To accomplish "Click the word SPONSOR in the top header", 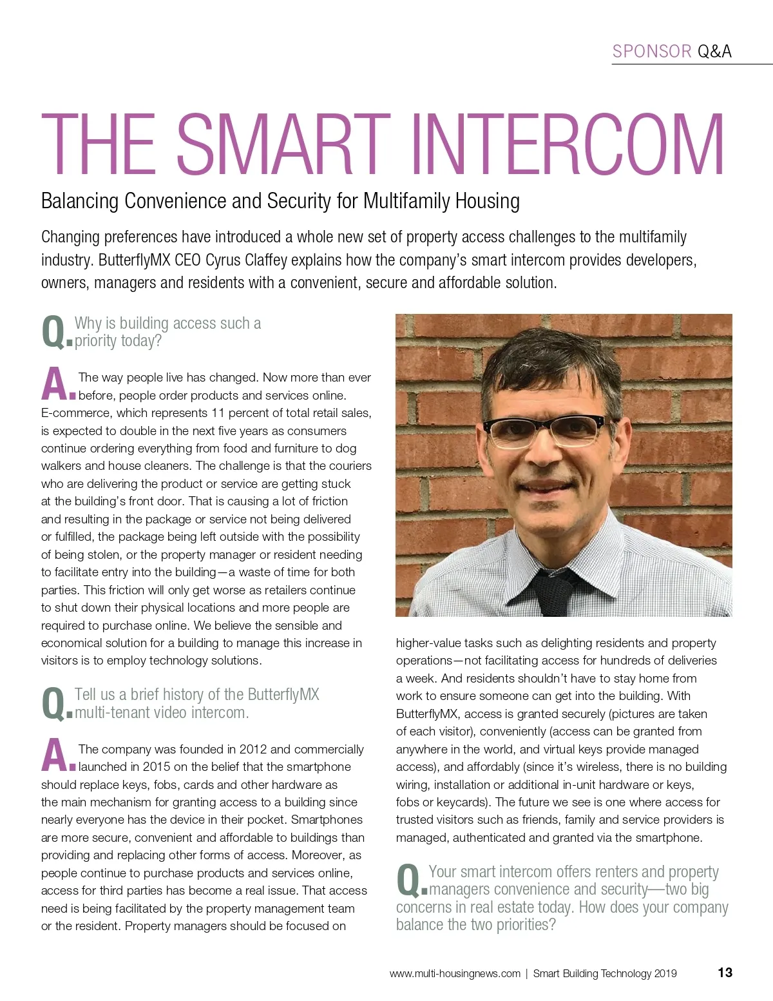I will [652, 52].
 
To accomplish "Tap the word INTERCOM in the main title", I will [567, 144].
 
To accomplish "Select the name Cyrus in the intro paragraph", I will [223, 260].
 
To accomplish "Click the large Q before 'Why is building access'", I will [53, 333].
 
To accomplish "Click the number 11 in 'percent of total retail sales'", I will [218, 413].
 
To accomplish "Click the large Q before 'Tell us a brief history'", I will [53, 704].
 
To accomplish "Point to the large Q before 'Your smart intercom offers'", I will [408, 881].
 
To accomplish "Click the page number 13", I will [725, 973].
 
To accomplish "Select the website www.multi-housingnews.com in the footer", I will [455, 974].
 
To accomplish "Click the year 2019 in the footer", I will [665, 974].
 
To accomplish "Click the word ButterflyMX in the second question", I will [283, 695].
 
